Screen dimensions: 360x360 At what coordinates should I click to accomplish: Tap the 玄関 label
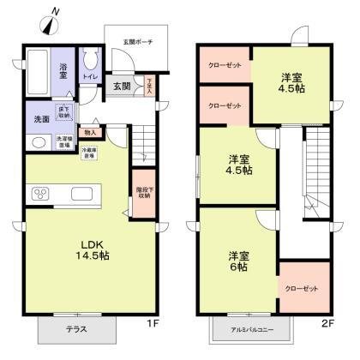pyautogui.click(x=122, y=87)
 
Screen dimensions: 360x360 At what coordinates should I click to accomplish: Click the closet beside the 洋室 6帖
pyautogui.click(x=301, y=289)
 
